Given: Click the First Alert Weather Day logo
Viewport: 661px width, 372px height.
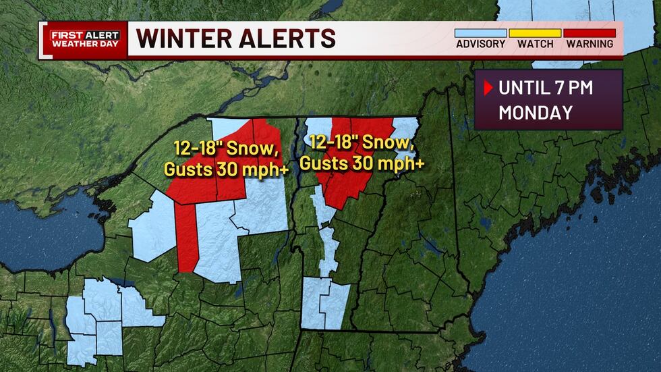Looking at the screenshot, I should [x=84, y=39].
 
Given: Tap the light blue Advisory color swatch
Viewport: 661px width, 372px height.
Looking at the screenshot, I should [x=480, y=32].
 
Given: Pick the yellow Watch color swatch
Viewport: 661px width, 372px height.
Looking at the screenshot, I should [x=535, y=32].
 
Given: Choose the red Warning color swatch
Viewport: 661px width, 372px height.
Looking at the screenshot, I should [x=590, y=32].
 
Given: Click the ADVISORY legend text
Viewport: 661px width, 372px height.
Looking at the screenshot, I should [x=480, y=45].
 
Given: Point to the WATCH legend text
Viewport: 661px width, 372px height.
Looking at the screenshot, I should [x=535, y=45].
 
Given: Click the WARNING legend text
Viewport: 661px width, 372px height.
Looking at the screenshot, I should [x=590, y=45].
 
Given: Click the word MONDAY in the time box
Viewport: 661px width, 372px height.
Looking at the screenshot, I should [x=536, y=112].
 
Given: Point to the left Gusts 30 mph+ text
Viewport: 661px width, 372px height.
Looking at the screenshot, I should [x=227, y=169].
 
